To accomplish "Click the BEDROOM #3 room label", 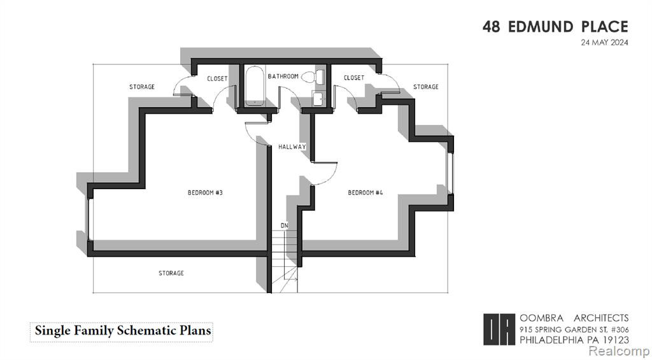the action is (x=206, y=192).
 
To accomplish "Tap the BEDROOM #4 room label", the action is (x=365, y=192).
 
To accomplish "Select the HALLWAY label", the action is (x=292, y=147).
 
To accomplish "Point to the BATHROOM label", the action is (x=283, y=76).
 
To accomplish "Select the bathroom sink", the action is (x=318, y=99).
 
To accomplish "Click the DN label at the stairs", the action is (x=285, y=226).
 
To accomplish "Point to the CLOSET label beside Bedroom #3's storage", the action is (x=218, y=78).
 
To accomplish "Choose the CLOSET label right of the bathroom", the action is (x=354, y=78).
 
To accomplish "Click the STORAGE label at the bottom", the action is (x=171, y=273).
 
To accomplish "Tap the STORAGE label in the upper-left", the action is (x=142, y=87).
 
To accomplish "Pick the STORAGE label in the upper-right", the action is (x=426, y=87).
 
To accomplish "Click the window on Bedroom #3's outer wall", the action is (x=89, y=219).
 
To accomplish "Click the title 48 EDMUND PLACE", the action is (x=555, y=27).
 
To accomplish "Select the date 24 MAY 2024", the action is (x=605, y=43).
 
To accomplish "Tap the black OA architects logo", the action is (x=499, y=329).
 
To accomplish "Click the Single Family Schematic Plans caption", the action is (x=123, y=331).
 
